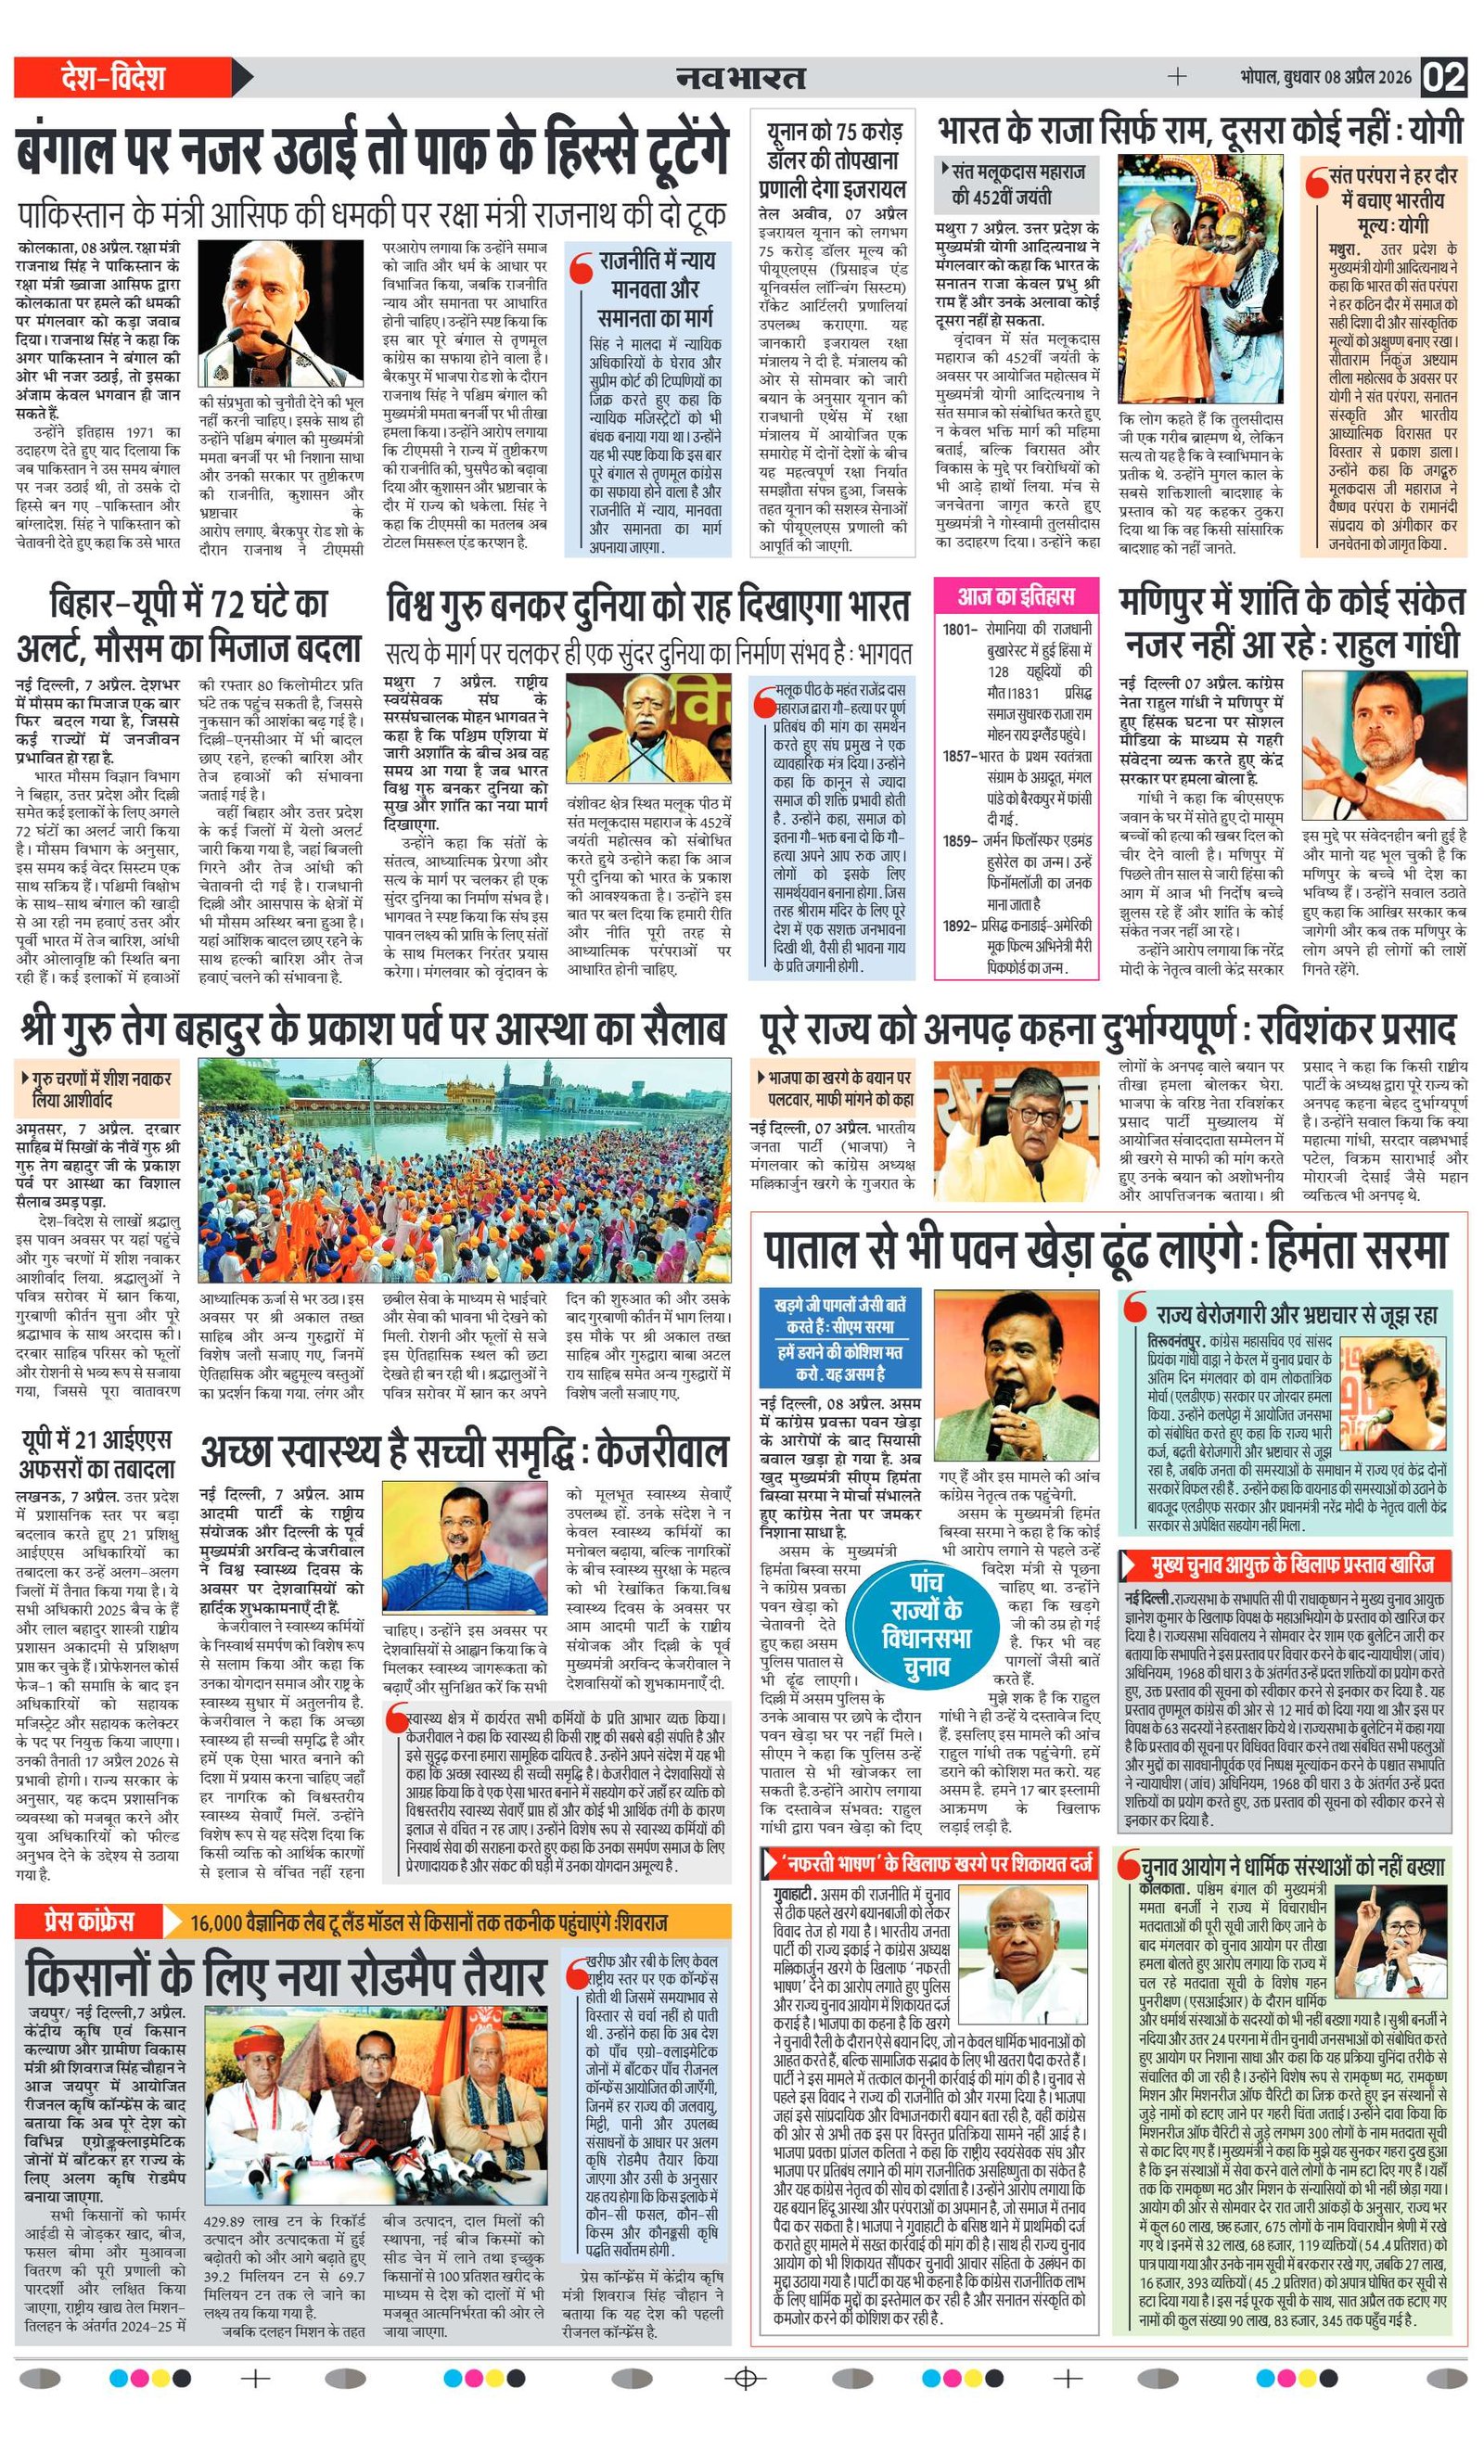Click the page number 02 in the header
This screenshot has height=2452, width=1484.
[1442, 78]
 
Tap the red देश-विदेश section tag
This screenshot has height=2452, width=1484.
[112, 78]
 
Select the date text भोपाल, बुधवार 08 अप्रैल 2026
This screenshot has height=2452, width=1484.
[1325, 78]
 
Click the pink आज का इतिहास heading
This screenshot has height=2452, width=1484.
[1016, 596]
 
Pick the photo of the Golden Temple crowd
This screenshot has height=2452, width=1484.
[463, 1169]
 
